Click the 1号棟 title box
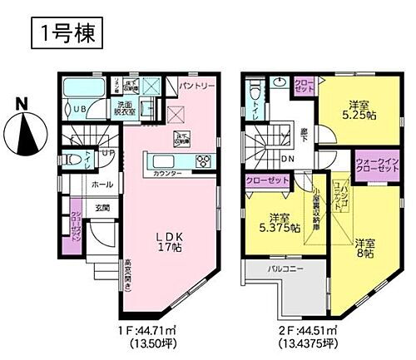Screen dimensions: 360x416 [67, 32]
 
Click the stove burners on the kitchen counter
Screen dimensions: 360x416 [203, 160]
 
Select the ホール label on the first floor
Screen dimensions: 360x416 [102, 184]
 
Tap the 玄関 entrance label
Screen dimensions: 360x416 [101, 207]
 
